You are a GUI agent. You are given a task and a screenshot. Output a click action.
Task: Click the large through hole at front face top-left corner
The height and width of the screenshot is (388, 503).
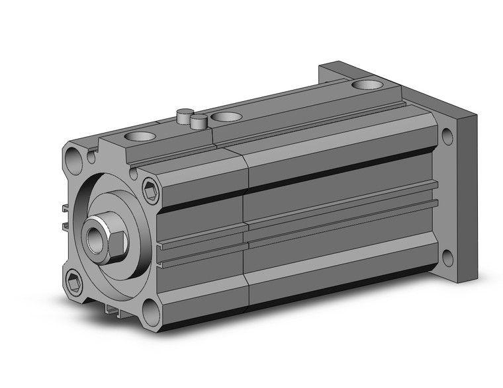[74, 159]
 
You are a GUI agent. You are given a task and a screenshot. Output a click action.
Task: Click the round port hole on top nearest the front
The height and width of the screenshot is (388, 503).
[140, 137]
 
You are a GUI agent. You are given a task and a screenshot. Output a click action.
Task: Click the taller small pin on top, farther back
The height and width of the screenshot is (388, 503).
[183, 115]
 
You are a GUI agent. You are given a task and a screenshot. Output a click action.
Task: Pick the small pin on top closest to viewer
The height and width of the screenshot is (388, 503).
[197, 121]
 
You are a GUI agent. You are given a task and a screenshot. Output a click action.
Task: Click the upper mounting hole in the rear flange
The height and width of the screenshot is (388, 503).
[447, 137]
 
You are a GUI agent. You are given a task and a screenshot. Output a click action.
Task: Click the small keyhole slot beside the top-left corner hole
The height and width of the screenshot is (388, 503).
[91, 158]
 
